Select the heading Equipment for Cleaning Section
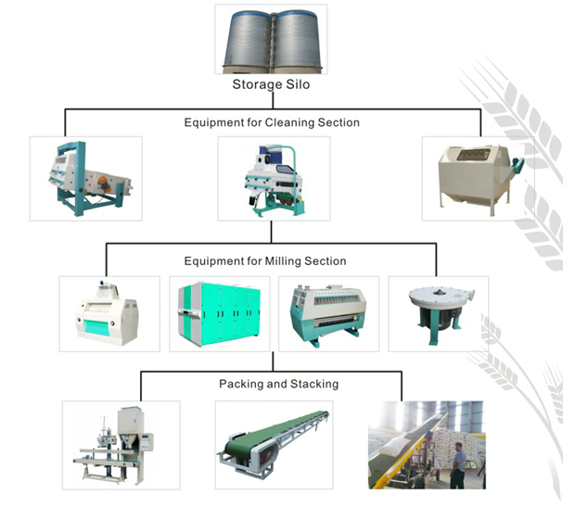[272, 122]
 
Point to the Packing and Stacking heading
[278, 384]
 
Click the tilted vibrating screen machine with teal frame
[85, 177]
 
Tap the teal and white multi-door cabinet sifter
[220, 314]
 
